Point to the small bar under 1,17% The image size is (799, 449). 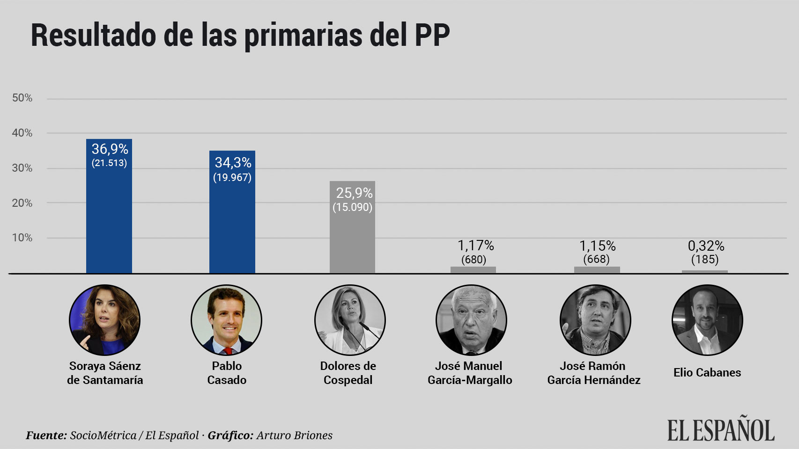(x=473, y=270)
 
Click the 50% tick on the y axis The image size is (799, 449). (x=22, y=98)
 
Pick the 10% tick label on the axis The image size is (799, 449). (x=22, y=238)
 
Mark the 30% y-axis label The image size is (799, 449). (x=22, y=168)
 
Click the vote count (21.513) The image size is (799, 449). (x=109, y=163)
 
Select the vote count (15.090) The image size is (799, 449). (x=352, y=207)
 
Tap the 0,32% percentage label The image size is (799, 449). (x=706, y=246)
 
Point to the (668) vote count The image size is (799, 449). (x=596, y=259)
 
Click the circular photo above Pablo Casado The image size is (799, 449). (x=227, y=320)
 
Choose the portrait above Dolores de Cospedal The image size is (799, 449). (x=350, y=320)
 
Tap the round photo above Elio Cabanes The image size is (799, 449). (x=707, y=320)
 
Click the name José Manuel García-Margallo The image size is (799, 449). (x=469, y=373)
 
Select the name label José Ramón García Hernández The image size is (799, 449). (x=593, y=373)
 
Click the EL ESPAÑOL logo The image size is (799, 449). (x=721, y=429)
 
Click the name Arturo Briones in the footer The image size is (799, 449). (x=294, y=435)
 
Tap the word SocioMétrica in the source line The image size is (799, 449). (x=103, y=435)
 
